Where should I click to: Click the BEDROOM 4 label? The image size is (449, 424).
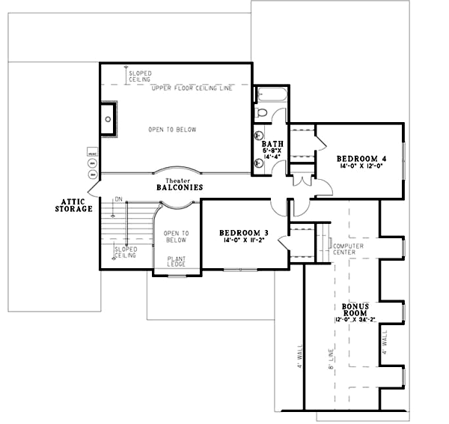click(x=361, y=158)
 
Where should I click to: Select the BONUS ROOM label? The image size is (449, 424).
click(x=354, y=309)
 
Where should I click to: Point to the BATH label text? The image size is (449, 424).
click(x=271, y=142)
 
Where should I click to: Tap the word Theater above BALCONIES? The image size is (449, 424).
click(x=177, y=180)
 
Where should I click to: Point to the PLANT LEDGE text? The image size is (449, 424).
click(x=177, y=262)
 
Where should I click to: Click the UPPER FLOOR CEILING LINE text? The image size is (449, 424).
click(x=191, y=88)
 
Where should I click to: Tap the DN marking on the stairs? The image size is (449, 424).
click(x=117, y=199)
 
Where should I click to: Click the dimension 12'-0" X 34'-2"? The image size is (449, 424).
click(x=354, y=320)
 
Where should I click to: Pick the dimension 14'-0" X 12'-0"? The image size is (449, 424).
click(x=361, y=166)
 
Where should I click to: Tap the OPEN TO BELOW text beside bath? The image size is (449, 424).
click(x=171, y=130)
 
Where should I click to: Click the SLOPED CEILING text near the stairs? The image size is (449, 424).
click(x=124, y=252)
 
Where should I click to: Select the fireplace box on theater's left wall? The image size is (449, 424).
click(x=109, y=119)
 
